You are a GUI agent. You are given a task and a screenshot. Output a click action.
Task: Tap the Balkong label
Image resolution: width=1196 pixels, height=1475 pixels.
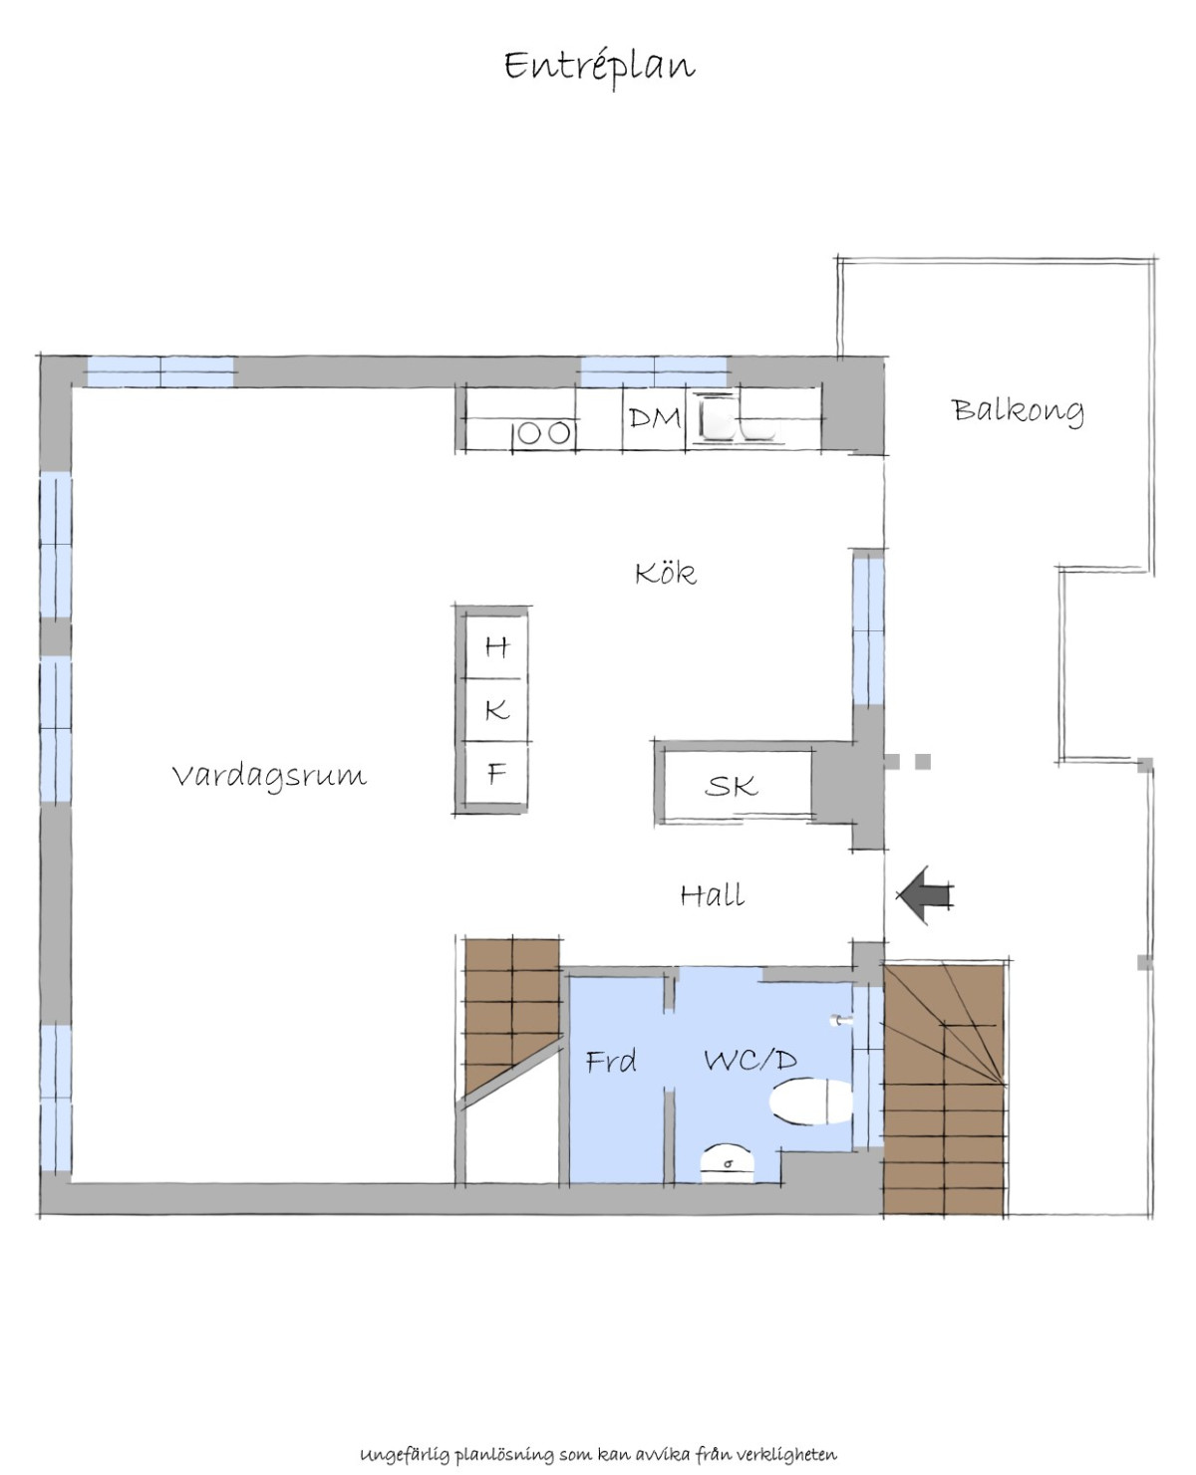point(1018,410)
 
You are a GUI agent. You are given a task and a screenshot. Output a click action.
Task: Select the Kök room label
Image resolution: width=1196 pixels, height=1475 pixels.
point(666,573)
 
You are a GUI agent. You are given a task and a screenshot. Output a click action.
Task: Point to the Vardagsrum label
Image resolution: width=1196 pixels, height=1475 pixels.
point(269,775)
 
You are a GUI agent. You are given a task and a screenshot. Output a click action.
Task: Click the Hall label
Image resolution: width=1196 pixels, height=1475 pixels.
point(713,895)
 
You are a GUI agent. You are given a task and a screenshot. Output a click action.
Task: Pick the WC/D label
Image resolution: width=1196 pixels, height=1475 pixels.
point(749,1061)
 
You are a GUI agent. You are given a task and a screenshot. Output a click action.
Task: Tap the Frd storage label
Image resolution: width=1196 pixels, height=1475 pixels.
point(611,1062)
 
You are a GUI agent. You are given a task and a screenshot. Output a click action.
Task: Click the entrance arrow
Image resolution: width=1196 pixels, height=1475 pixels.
point(925,894)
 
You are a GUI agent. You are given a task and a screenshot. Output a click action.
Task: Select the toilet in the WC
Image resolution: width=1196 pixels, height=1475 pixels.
point(810,1102)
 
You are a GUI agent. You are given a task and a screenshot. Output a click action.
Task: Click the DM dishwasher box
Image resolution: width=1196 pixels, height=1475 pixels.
point(654,419)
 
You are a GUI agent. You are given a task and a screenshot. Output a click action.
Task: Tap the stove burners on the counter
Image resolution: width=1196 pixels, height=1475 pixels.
point(544,434)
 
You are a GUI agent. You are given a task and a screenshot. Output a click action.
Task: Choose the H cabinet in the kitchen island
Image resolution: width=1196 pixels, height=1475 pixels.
point(496,646)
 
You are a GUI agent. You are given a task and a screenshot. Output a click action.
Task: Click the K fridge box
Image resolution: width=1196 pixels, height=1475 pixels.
point(496,710)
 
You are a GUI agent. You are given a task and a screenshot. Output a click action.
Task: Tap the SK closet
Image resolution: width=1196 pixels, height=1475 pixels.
point(735,785)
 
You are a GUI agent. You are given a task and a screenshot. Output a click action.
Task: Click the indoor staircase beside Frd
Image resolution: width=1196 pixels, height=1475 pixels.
point(511,1018)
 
